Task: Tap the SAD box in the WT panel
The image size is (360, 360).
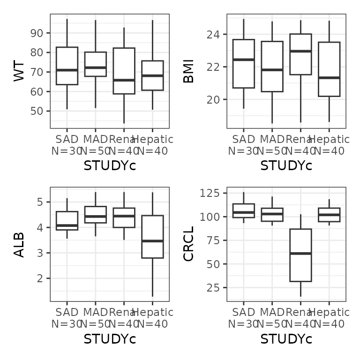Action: coord(67,59)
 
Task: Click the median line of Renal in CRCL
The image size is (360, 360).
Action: coord(300,254)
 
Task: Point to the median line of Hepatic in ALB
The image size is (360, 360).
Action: coord(152,241)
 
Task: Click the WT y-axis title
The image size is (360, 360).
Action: coord(19,72)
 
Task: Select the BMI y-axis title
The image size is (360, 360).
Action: coord(188,72)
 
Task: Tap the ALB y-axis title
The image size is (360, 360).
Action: coord(19,245)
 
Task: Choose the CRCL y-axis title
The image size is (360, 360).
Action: coord(188,245)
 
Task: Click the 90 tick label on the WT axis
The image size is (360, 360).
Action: coord(37,33)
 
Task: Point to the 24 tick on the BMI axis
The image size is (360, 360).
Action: coord(214,35)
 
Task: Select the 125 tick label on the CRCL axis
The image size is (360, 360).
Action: coord(210,193)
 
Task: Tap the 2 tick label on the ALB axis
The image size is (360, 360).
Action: coord(40,278)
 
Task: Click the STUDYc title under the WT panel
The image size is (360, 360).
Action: coord(110,166)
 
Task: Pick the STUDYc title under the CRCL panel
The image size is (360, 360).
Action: coord(286,339)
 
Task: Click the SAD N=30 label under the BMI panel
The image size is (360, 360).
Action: coord(243,145)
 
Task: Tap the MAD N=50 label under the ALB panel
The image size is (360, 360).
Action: coord(96,318)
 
